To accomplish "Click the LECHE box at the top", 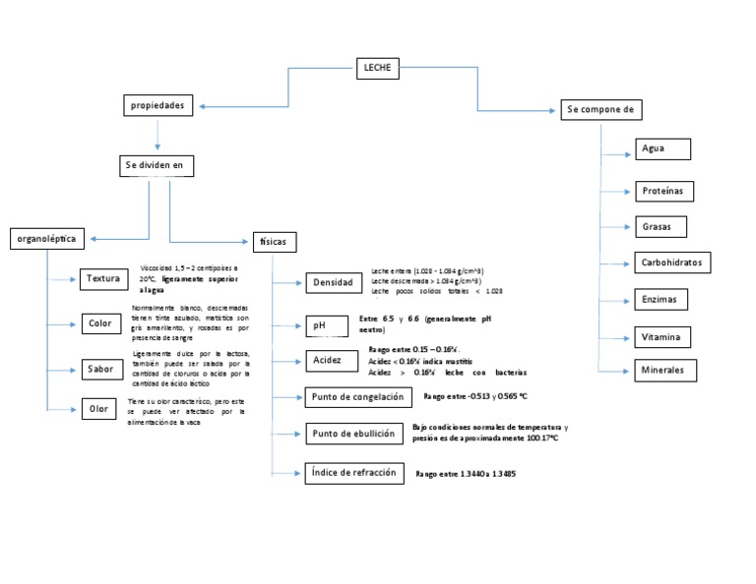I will click(x=377, y=67).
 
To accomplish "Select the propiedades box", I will click(x=157, y=105).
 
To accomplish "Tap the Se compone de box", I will click(x=599, y=109).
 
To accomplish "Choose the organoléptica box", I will click(x=47, y=238).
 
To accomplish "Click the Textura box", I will click(x=102, y=279).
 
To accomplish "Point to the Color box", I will click(x=99, y=323).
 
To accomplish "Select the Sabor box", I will click(x=99, y=370).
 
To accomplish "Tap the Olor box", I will click(x=98, y=409).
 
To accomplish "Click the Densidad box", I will click(x=333, y=283).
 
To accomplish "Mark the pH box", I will click(x=324, y=325).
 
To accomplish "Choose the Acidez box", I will click(x=328, y=361).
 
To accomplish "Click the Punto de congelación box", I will click(x=356, y=397).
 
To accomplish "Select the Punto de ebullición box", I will click(x=353, y=434).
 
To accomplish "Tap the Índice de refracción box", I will click(x=353, y=473).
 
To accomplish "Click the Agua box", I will click(x=661, y=149).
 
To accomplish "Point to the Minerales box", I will click(x=664, y=371).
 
